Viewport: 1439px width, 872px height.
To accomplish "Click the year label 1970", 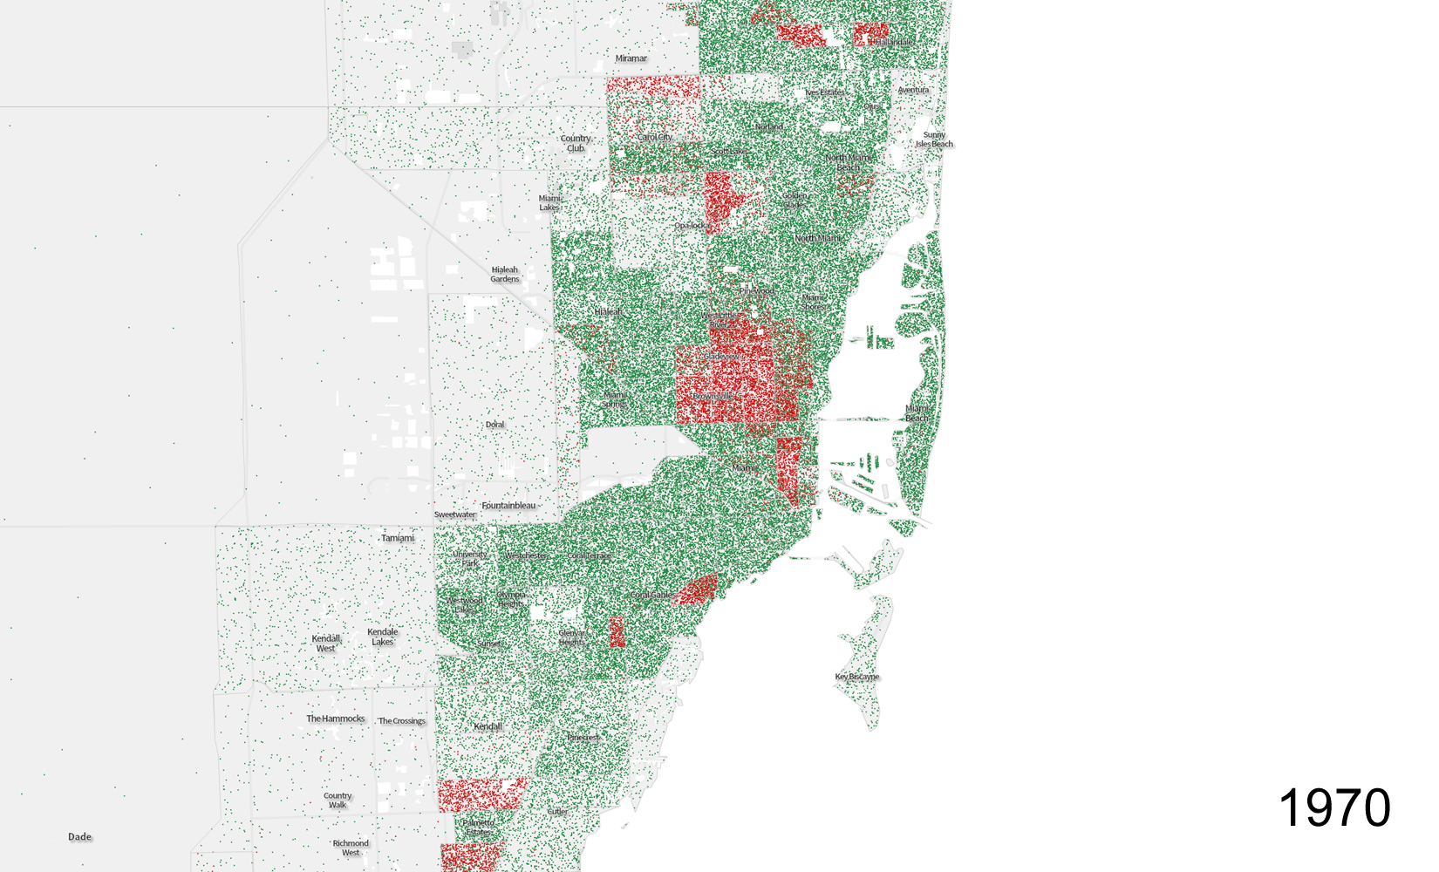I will pos(1334,808).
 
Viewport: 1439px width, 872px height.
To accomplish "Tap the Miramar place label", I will pos(631,58).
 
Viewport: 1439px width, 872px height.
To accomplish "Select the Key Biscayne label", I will pos(857,677).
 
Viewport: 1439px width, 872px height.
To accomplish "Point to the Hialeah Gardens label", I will pos(505,275).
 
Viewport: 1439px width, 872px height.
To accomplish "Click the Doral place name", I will pos(495,425).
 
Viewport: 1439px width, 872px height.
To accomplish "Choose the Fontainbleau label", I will pos(508,506).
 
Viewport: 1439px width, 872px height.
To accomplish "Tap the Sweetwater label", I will pos(455,515).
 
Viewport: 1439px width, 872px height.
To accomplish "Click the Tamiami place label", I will pos(398,538).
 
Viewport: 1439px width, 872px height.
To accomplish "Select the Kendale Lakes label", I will pos(383,637).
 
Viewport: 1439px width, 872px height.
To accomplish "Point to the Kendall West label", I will pos(326,644).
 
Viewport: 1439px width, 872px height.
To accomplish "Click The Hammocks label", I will pos(336,719).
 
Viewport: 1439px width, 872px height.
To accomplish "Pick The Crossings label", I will pos(402,721).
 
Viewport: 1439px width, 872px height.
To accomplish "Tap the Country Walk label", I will pos(338,800).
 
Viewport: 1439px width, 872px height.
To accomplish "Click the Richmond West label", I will pos(351,848).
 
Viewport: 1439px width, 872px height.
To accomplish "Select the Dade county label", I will pos(80,837).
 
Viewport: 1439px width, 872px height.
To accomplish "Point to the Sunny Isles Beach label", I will pos(934,140).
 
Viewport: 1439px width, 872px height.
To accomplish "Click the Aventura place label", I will pos(913,90).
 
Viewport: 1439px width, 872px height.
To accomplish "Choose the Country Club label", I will pos(576,143).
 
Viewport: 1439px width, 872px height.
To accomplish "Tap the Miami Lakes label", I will pos(549,203).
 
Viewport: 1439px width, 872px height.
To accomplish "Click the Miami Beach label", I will pos(917,413).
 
